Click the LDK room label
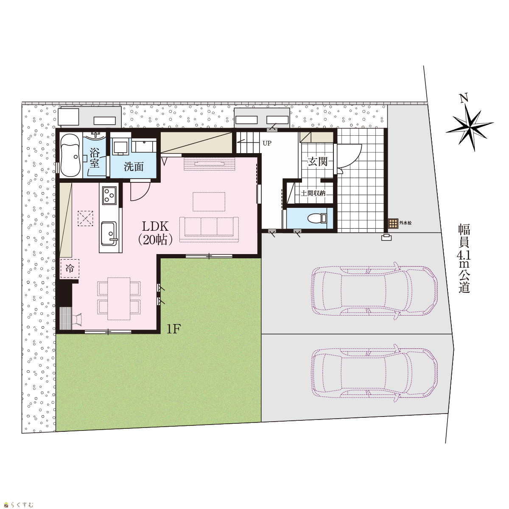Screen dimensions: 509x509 tap(155, 233)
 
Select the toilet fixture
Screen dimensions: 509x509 tap(317, 218)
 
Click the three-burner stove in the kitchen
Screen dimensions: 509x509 tap(109, 196)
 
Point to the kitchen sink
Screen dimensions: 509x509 tap(109, 234)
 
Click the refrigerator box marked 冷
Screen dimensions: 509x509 tap(70, 268)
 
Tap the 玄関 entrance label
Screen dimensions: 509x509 tap(318, 161)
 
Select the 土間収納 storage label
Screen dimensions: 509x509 tap(313, 193)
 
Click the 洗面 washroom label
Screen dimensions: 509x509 tap(134, 167)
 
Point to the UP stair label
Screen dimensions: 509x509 tap(267, 143)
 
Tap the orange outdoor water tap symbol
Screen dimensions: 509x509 tap(393, 223)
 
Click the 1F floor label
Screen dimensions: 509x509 tap(173, 329)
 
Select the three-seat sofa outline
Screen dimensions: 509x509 tap(209, 229)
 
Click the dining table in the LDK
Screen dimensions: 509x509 tap(119, 299)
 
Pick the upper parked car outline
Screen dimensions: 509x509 tap(375, 291)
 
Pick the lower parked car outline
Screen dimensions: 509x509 tap(375, 373)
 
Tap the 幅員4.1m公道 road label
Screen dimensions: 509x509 tap(464, 259)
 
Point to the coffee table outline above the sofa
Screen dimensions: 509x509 tap(209, 201)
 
